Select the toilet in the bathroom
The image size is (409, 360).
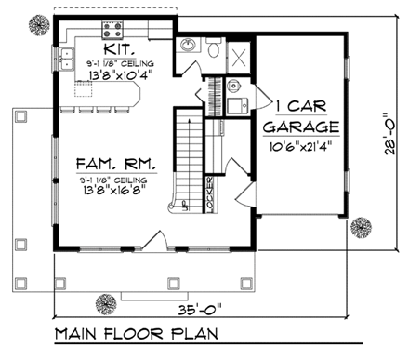(213, 48)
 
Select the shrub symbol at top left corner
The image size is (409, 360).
(38, 20)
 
